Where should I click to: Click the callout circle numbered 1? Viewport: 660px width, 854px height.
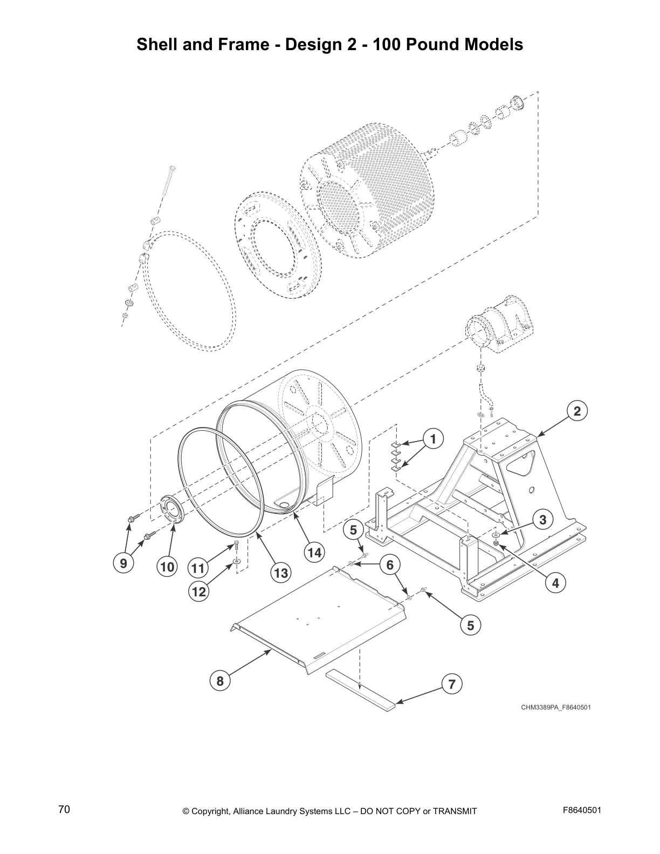click(432, 439)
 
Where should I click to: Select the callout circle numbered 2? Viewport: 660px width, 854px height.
click(577, 411)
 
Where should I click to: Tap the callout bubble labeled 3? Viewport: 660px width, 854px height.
click(543, 520)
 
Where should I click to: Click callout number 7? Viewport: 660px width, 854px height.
click(452, 685)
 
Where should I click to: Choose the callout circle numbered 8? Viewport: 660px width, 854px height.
click(220, 681)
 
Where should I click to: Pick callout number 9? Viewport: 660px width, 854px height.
click(123, 563)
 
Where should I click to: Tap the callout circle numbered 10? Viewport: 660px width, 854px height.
click(167, 567)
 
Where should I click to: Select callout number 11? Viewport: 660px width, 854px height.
click(198, 568)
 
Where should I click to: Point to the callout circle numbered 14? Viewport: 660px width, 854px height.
click(315, 552)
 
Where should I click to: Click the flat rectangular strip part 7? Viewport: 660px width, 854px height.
click(360, 690)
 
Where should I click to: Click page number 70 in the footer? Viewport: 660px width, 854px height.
click(64, 810)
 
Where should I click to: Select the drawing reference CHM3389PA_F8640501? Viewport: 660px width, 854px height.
click(555, 707)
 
